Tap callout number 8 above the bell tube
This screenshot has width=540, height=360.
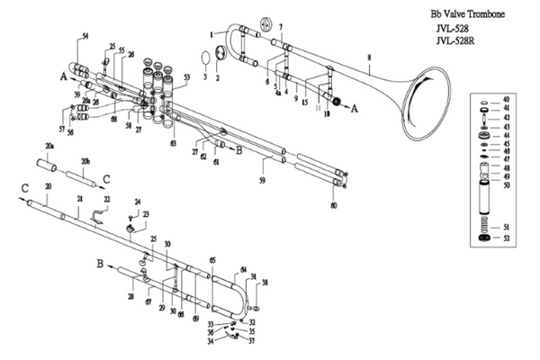369,58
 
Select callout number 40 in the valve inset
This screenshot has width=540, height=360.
507,98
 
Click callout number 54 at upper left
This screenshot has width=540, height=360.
85,34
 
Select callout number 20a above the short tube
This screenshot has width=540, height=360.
49,145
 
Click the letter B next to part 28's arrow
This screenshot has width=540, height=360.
101,265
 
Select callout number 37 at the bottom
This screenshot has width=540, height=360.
253,341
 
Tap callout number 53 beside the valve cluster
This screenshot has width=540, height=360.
186,79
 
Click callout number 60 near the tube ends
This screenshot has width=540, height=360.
334,206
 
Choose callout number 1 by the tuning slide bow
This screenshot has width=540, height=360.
212,33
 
